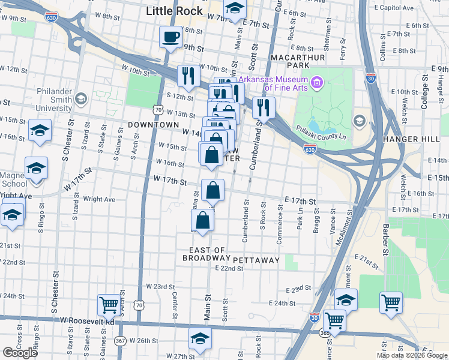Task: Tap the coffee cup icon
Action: [170, 37]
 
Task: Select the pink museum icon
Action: [316, 82]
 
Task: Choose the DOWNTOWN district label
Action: [153, 124]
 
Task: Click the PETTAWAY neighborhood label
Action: [256, 260]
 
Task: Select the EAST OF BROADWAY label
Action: [206, 254]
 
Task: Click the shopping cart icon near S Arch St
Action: [109, 305]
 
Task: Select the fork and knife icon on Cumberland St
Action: [264, 108]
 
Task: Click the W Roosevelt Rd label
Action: [87, 322]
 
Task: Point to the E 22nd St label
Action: [229, 268]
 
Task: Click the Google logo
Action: [20, 353]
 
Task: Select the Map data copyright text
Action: [412, 355]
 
